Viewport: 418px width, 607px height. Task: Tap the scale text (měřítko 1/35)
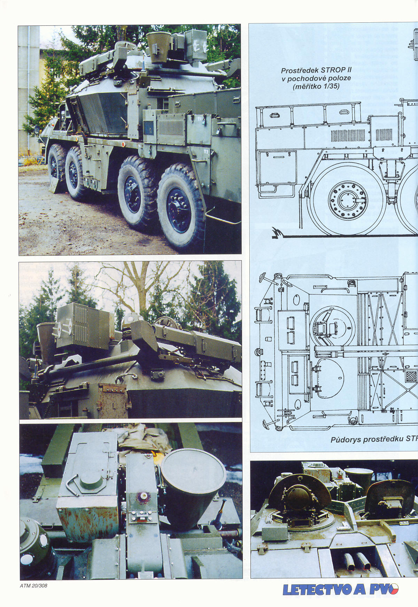[316, 86]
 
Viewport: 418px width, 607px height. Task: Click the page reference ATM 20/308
[33, 586]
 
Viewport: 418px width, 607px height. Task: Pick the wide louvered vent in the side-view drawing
[348, 135]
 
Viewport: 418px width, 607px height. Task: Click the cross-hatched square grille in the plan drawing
[411, 377]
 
